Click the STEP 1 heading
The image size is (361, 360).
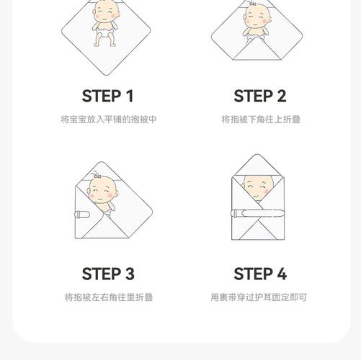click(107, 96)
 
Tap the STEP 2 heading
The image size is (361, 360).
click(259, 96)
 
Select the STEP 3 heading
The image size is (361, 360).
click(108, 274)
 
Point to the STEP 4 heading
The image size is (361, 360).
click(260, 274)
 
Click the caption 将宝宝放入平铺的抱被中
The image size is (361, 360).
click(108, 120)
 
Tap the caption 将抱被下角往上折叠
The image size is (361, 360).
click(260, 120)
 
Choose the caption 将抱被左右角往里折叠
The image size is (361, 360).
click(108, 297)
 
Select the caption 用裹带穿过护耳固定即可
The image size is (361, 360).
click(259, 297)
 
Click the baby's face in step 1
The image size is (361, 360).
click(105, 12)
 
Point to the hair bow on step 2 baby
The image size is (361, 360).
click(252, 3)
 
